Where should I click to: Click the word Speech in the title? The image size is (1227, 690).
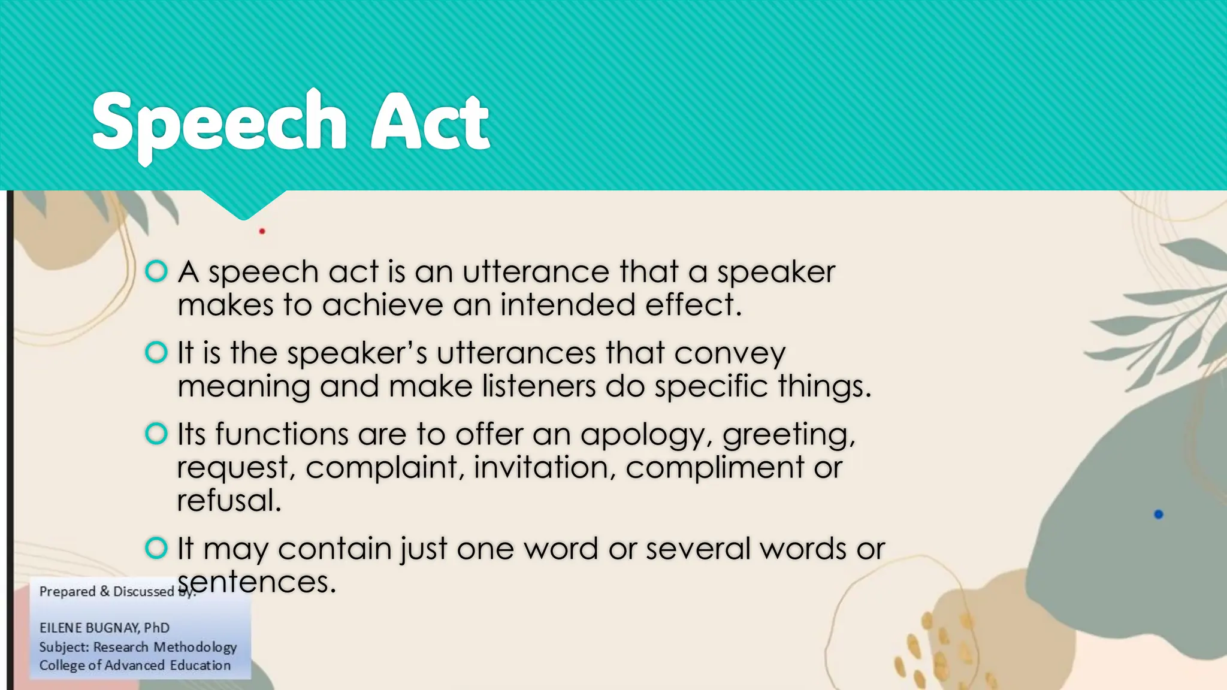[x=219, y=123]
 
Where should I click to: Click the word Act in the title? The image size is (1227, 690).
[x=430, y=123]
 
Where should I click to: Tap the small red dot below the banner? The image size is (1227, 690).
[x=262, y=231]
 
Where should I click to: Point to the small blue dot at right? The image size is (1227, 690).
[x=1158, y=514]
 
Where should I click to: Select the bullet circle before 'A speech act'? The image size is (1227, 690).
[x=156, y=271]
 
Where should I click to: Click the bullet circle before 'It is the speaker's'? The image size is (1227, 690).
[x=156, y=352]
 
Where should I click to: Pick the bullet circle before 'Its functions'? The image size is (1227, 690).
[x=156, y=433]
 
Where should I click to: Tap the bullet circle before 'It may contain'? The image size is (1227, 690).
[x=156, y=547]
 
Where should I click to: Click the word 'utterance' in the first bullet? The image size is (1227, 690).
[x=536, y=273]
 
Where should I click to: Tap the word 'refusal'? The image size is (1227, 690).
[x=229, y=501]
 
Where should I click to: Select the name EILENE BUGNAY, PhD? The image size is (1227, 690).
[x=104, y=628]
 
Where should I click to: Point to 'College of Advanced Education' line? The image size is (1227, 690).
[x=135, y=665]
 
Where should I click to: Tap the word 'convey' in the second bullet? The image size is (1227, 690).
[x=729, y=354]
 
